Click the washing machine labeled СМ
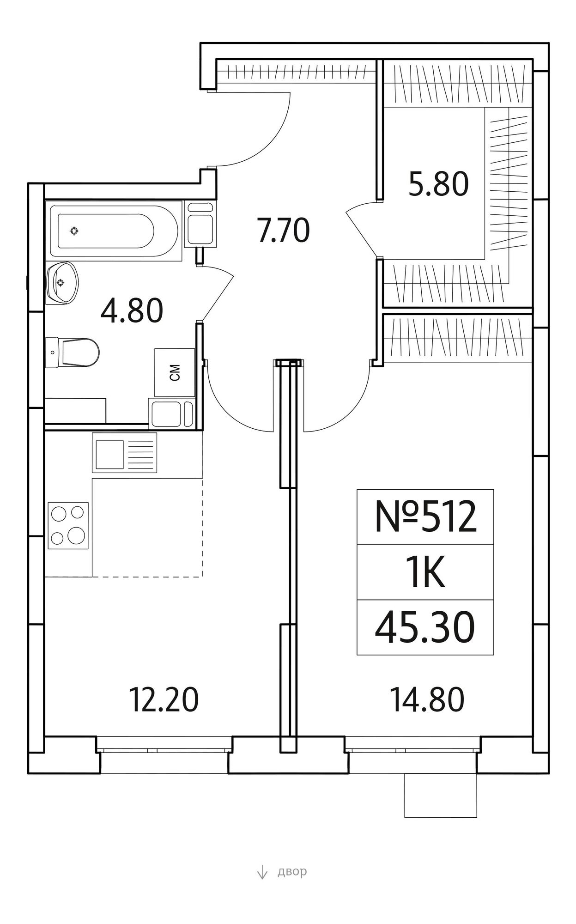[x=175, y=372]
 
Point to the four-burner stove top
[x=68, y=526]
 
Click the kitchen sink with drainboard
[x=124, y=453]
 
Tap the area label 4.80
[x=132, y=310]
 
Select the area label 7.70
[x=284, y=231]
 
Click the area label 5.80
[x=438, y=183]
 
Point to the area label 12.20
[x=164, y=699]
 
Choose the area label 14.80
[x=427, y=699]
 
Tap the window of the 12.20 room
[x=164, y=751]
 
